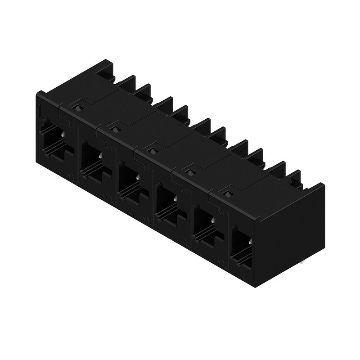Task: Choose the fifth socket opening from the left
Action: click(205, 224)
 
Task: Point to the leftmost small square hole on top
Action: click(78, 108)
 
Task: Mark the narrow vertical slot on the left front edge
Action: click(39, 110)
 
